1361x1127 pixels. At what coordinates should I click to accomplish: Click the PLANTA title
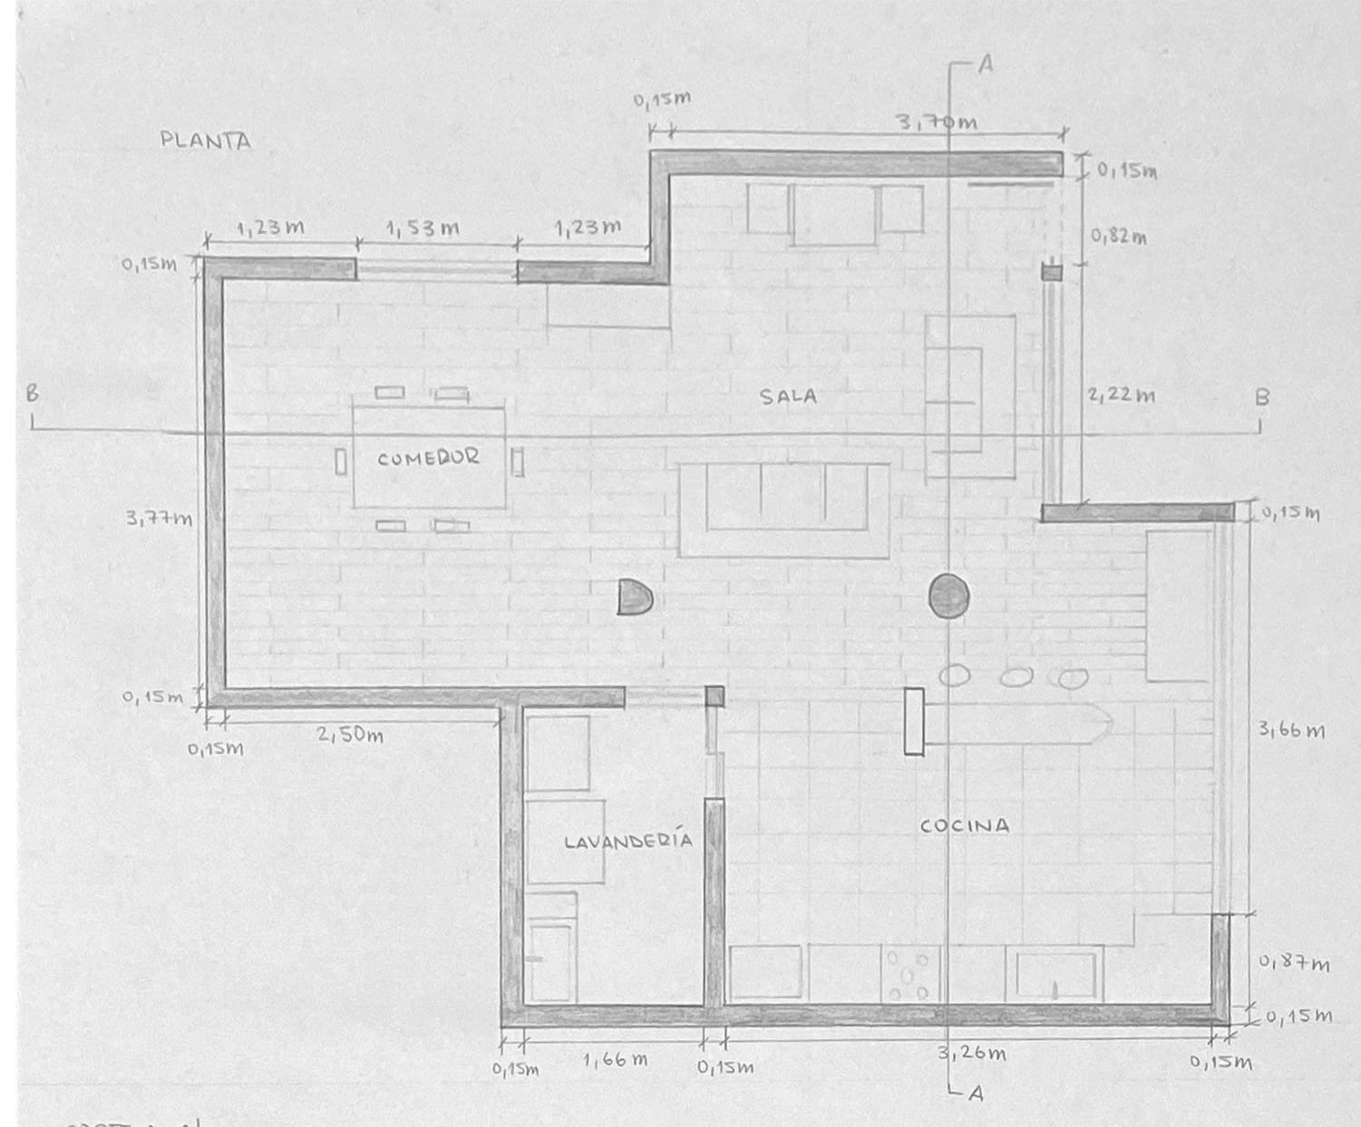pyautogui.click(x=206, y=141)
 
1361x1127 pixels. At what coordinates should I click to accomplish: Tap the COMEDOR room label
pyautogui.click(x=428, y=458)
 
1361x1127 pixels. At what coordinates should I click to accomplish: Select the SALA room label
pyautogui.click(x=788, y=396)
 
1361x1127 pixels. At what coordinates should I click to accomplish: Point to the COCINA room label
pyautogui.click(x=964, y=826)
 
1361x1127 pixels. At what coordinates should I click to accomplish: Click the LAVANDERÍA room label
pyautogui.click(x=628, y=840)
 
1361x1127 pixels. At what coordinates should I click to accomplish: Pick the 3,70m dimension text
pyautogui.click(x=938, y=122)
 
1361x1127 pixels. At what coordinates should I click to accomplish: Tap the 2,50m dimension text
pyautogui.click(x=349, y=734)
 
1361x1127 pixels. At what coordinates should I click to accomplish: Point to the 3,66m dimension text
pyautogui.click(x=1291, y=729)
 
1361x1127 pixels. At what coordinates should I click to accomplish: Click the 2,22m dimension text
pyautogui.click(x=1121, y=394)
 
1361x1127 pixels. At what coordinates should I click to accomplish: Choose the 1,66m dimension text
pyautogui.click(x=615, y=1059)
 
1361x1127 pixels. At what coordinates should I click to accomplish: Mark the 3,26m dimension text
pyautogui.click(x=972, y=1054)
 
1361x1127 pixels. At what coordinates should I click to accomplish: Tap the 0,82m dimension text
pyautogui.click(x=1118, y=237)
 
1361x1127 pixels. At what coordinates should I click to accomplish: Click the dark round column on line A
pyautogui.click(x=949, y=597)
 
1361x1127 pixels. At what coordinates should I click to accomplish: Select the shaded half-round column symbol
pyautogui.click(x=634, y=598)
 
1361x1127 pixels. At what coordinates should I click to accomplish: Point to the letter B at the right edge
pyautogui.click(x=1261, y=397)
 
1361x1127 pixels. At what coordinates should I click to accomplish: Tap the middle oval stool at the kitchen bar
pyautogui.click(x=1016, y=676)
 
